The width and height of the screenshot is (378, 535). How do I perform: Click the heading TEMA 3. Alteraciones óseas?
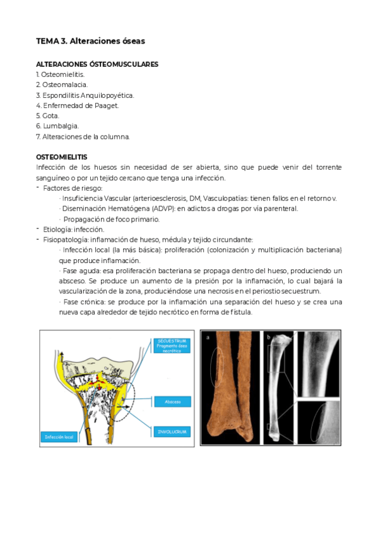(90, 41)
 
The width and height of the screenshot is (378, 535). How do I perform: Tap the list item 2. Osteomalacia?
(62, 85)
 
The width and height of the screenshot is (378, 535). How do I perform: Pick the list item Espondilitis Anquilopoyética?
(88, 95)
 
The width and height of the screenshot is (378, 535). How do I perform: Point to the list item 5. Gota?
(48, 116)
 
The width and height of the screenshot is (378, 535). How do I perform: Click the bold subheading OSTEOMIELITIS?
(62, 156)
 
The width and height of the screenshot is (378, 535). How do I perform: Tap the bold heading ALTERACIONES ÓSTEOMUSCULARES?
(97, 64)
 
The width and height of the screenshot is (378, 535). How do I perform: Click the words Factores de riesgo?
(73, 188)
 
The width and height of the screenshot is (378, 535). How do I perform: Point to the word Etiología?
(57, 230)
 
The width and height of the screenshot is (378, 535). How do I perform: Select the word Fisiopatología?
(66, 240)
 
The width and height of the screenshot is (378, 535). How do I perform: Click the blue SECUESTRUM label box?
(171, 346)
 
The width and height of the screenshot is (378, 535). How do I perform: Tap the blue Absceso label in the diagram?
(172, 401)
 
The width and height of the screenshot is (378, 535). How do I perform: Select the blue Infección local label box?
(61, 436)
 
